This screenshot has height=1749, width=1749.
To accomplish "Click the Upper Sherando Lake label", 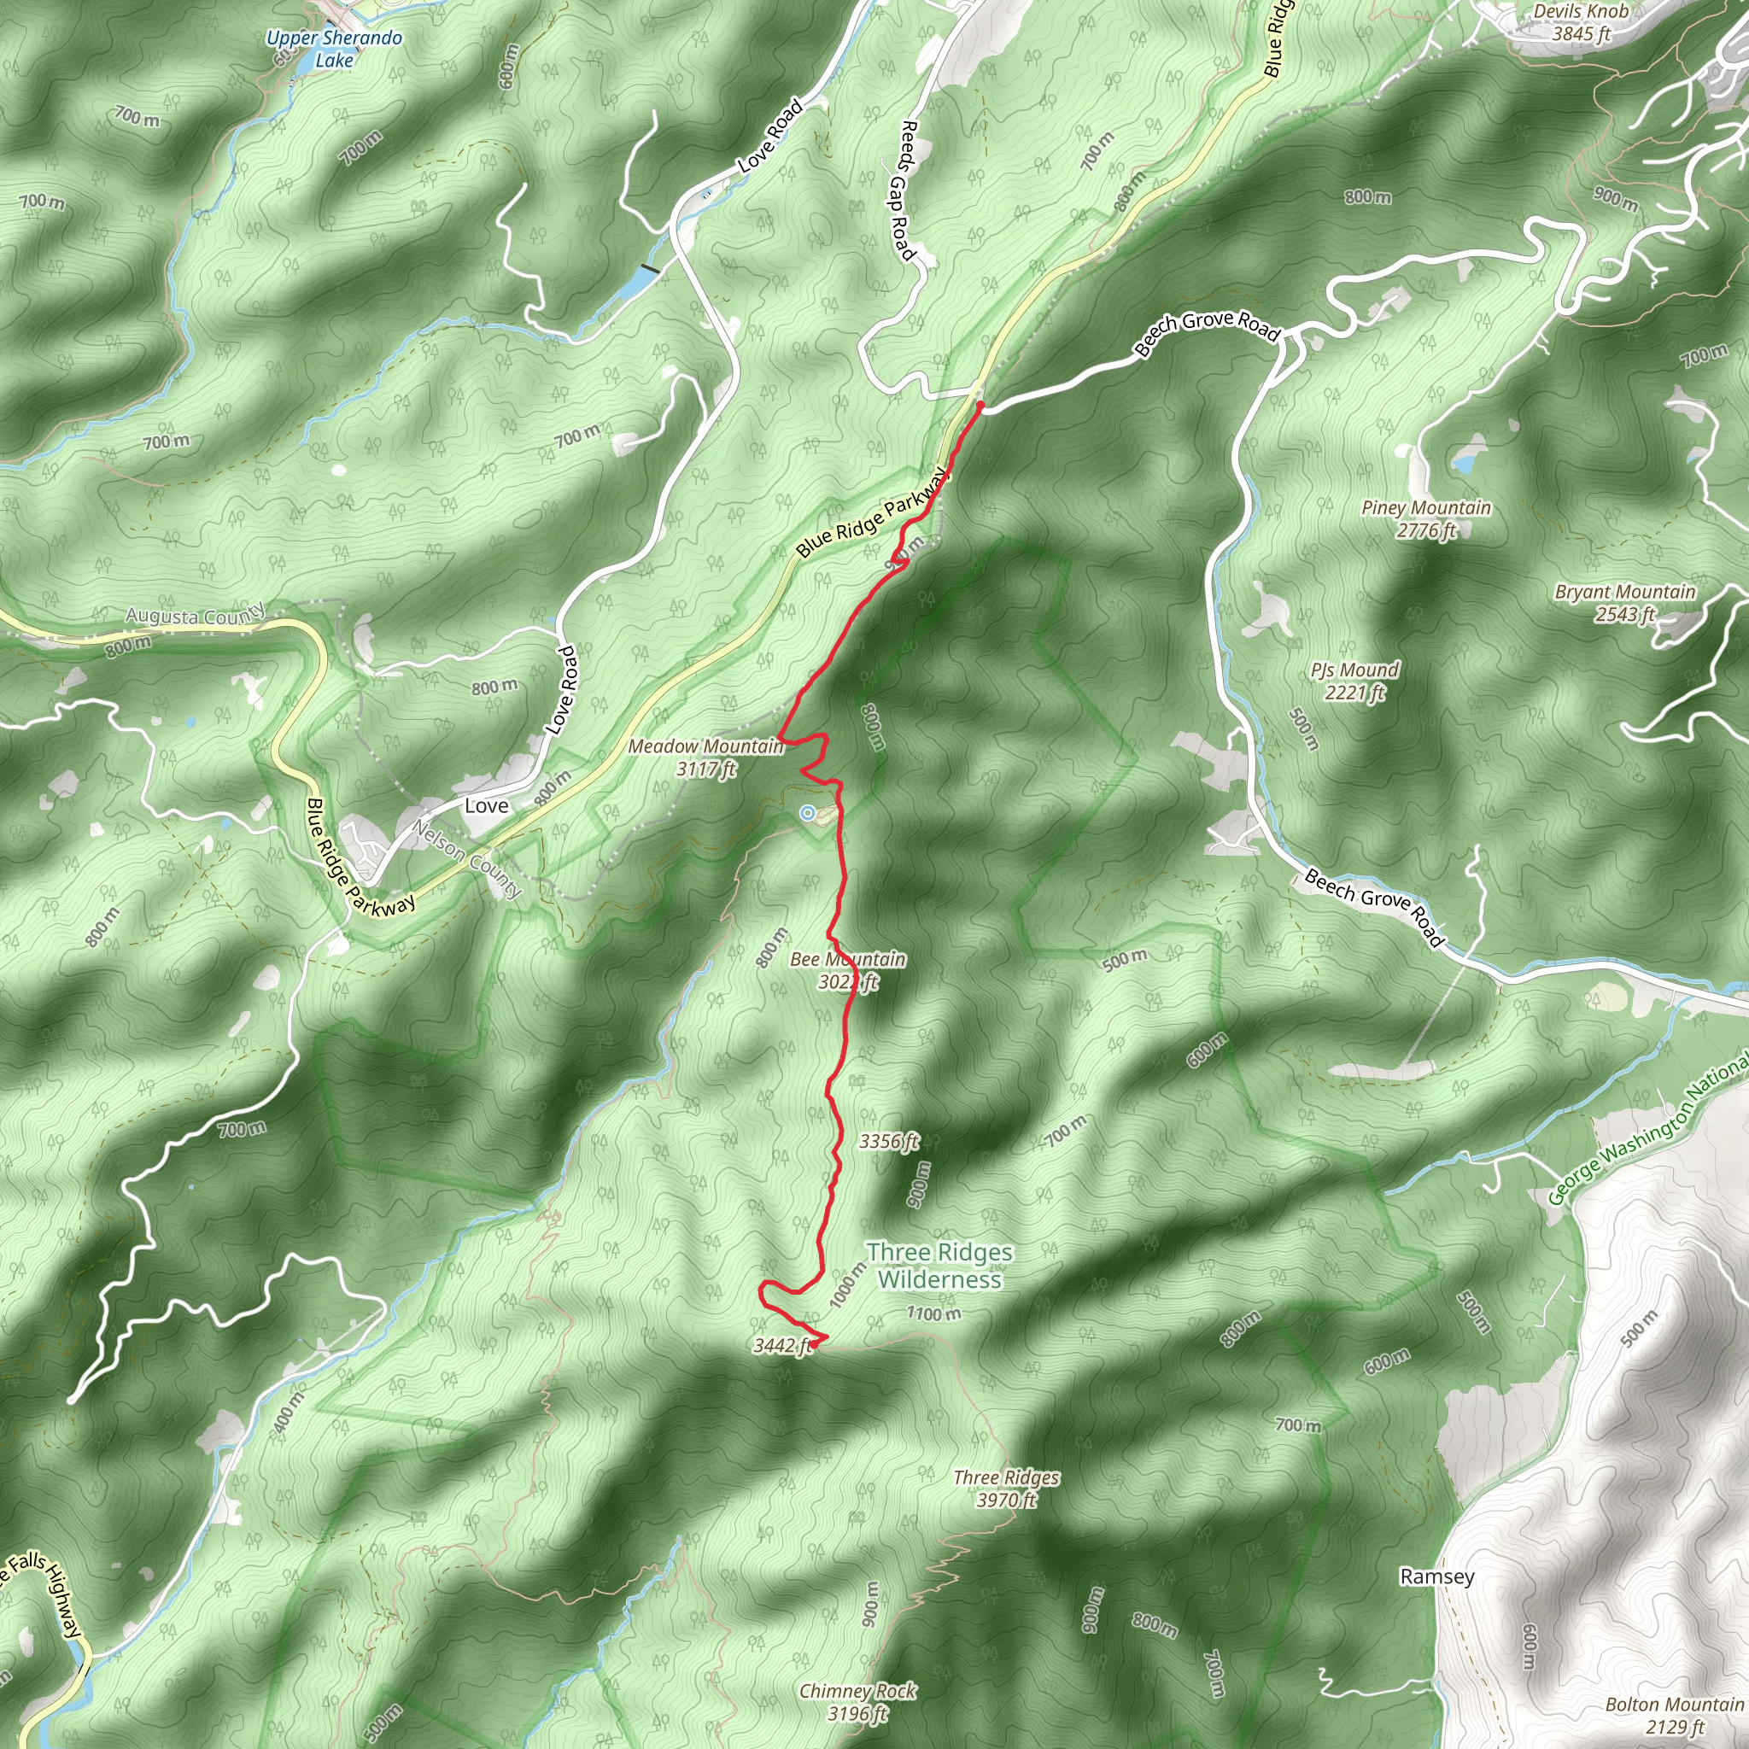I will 334,49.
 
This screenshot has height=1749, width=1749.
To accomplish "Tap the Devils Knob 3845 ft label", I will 1581,23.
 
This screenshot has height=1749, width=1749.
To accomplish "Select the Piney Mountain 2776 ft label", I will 1426,518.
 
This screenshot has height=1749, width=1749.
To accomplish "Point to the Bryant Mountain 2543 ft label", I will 1625,602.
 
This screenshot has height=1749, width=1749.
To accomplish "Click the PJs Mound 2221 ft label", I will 1354,681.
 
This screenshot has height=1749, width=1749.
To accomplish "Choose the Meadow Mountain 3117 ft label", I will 706,757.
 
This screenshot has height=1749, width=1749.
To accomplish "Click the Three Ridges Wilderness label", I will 939,1265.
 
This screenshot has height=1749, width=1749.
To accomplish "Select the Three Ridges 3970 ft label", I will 1006,1489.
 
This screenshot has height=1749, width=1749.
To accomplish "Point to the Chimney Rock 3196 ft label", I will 857,1702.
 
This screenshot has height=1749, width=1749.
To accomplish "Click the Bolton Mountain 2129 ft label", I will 1674,1716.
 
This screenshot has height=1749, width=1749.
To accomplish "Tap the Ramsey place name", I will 1436,1576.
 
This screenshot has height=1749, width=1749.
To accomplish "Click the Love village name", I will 486,805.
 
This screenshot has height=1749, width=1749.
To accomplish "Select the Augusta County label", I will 196,615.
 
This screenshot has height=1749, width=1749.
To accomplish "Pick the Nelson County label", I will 468,858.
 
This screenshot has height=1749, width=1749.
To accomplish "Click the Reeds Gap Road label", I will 904,191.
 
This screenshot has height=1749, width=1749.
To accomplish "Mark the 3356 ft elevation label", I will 889,1141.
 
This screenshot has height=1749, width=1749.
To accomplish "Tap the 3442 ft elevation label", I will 782,1346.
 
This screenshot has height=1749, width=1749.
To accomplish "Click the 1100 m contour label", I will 934,1313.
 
